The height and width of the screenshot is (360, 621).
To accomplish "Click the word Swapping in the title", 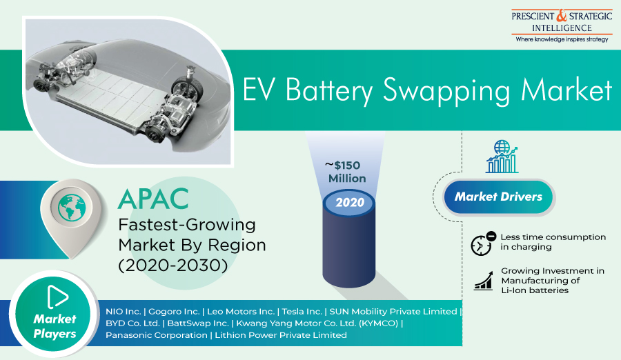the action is pos(446,91).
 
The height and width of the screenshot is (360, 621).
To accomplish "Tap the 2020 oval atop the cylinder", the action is pos(349,202).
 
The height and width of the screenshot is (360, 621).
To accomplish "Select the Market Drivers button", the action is pos(498,197).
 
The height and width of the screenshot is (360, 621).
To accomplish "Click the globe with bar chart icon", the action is pos(502,157).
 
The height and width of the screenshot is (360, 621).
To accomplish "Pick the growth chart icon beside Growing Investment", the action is pos(483,281).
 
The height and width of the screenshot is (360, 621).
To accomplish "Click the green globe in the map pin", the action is pos(72,208).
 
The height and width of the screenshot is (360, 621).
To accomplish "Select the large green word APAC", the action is pos(153,199).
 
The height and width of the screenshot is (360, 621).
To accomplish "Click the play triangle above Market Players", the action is pos(57,297).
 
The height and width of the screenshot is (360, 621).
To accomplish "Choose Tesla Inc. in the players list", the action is pos(302,312).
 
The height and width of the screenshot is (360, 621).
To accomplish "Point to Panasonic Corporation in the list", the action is pos(157,335).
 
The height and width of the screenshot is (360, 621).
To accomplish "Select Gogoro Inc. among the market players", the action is pos(174,312).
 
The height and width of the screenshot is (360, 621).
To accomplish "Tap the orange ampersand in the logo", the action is pos(562,16).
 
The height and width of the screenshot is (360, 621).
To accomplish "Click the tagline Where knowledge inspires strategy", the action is pos(562,39).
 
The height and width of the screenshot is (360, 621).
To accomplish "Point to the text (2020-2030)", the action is pos(173,266).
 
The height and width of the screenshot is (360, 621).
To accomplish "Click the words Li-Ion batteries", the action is pos(535,290).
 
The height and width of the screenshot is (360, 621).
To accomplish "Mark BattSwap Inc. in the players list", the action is pos(198,323).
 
